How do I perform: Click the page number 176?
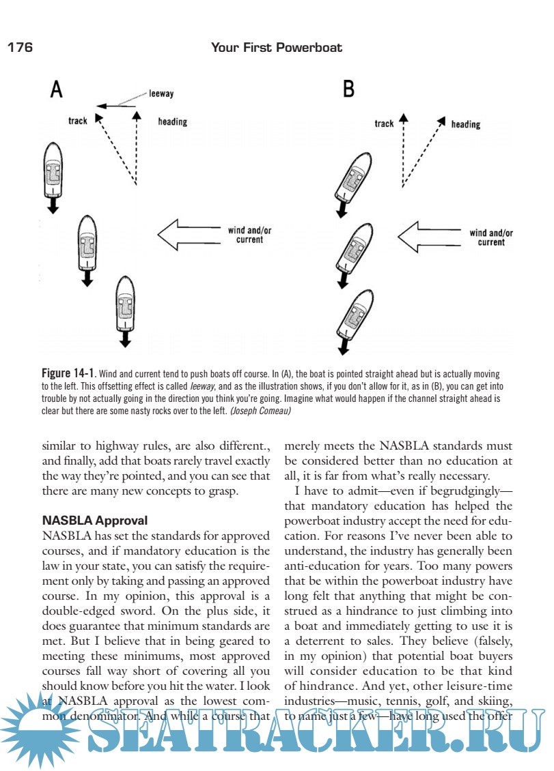click(x=20, y=48)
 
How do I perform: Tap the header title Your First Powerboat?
click(x=277, y=48)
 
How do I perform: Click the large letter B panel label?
click(x=348, y=89)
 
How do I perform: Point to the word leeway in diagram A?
click(x=161, y=94)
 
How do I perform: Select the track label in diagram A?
click(x=78, y=121)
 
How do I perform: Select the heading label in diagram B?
click(x=466, y=124)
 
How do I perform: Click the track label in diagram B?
click(x=384, y=123)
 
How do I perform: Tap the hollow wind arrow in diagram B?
click(x=430, y=237)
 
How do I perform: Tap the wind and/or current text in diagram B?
click(x=491, y=237)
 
